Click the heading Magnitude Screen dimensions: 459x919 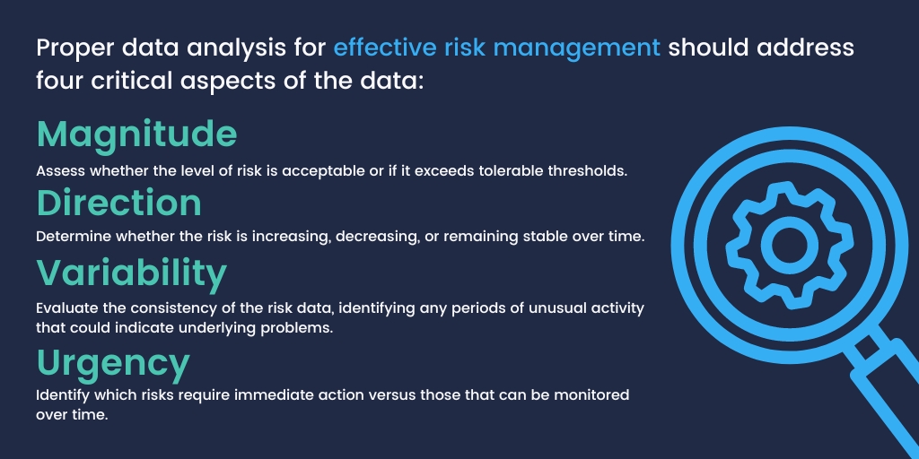point(136,134)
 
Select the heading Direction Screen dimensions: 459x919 point(118,204)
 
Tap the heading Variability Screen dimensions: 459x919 point(131,272)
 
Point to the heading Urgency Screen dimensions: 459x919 point(113,364)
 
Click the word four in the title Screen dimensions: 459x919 point(58,81)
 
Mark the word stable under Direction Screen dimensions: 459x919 point(553,238)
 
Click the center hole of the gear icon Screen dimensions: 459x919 point(791,243)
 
